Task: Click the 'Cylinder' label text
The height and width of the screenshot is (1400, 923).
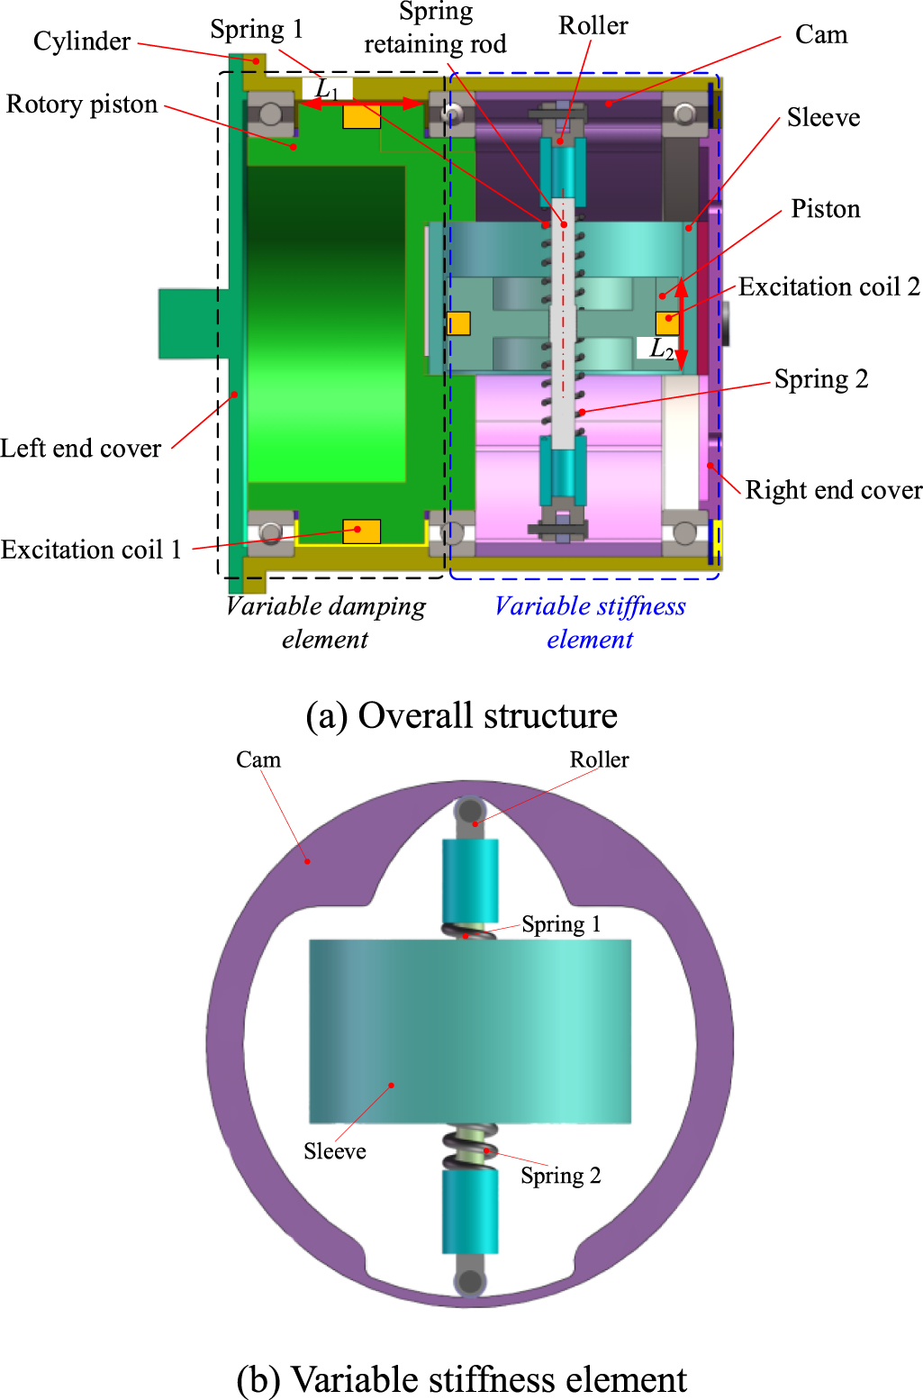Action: click(81, 41)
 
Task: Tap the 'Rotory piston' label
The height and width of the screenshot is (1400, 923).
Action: click(82, 105)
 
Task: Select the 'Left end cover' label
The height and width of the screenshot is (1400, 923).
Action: click(81, 448)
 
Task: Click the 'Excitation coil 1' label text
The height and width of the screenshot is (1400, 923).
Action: click(91, 550)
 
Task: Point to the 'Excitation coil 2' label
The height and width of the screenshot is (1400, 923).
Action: click(828, 287)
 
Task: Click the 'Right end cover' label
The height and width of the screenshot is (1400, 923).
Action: click(833, 490)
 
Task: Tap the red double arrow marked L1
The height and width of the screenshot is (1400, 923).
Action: click(360, 105)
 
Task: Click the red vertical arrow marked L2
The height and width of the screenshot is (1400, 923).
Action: click(682, 324)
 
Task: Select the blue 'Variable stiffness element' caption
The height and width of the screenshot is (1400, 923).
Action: click(590, 622)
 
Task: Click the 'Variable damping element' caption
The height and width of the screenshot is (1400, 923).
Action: click(325, 622)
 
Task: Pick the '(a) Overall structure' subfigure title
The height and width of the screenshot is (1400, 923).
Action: click(461, 715)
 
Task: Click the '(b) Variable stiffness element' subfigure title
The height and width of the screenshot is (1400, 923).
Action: click(461, 1379)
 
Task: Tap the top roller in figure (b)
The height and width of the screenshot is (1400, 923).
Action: click(470, 811)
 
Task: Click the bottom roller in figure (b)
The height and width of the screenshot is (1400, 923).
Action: click(469, 1280)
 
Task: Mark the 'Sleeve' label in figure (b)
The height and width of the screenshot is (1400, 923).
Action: click(334, 1151)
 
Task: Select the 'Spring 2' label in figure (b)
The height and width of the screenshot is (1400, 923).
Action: click(560, 1176)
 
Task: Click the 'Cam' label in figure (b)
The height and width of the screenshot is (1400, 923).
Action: click(258, 759)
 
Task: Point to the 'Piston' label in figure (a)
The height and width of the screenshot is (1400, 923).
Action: click(825, 209)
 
